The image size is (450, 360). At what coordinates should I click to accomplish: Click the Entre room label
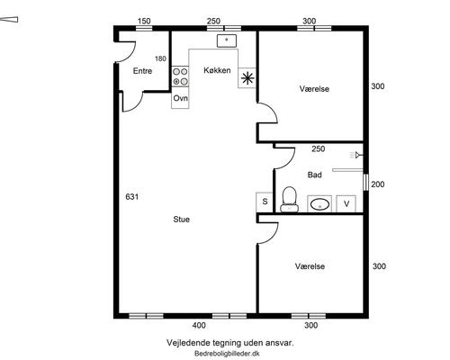(x=142, y=71)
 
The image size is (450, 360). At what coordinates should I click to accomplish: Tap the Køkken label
(x=217, y=70)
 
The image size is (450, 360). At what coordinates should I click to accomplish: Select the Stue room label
(x=182, y=220)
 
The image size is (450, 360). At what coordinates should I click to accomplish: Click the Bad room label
(x=315, y=175)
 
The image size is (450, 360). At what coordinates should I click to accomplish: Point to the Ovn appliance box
(x=180, y=98)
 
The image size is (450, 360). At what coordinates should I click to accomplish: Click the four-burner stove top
(x=180, y=76)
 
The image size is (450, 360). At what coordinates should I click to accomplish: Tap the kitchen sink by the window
(x=227, y=40)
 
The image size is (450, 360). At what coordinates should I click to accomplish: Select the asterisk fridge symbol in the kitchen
(x=247, y=78)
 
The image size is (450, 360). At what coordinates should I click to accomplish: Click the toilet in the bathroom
(x=290, y=200)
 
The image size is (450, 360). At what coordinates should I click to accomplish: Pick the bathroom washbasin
(x=319, y=204)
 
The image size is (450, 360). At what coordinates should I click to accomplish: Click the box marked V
(x=346, y=204)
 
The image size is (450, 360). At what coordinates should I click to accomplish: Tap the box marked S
(x=265, y=202)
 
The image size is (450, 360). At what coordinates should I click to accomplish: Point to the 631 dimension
(x=132, y=197)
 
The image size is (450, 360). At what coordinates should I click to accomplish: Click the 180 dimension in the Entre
(x=160, y=58)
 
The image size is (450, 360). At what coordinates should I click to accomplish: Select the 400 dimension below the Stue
(x=199, y=325)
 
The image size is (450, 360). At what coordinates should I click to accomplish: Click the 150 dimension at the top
(x=144, y=22)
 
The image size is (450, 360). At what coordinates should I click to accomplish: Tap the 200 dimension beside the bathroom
(x=378, y=184)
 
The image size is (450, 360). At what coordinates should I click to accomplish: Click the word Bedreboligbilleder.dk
(x=227, y=354)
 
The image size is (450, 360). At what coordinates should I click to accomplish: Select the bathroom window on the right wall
(x=365, y=182)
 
